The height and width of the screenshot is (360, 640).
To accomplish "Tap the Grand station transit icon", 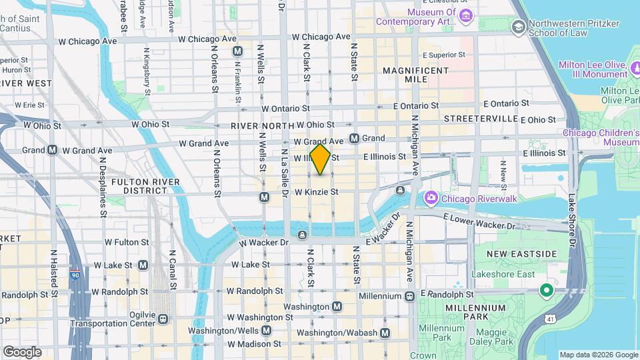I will pyautogui.click(x=354, y=139).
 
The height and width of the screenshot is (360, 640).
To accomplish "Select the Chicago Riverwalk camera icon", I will pyautogui.click(x=431, y=197).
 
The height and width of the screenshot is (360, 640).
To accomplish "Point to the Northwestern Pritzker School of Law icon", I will pyautogui.click(x=518, y=26).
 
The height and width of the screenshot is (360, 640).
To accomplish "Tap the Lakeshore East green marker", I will pyautogui.click(x=546, y=290).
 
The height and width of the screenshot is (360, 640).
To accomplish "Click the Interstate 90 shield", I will pyautogui.click(x=74, y=274).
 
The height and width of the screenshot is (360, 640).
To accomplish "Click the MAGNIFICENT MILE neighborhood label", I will pyautogui.click(x=416, y=75).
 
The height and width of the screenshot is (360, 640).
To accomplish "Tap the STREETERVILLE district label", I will pyautogui.click(x=481, y=119).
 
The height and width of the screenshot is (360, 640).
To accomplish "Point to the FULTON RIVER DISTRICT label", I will pyautogui.click(x=145, y=186).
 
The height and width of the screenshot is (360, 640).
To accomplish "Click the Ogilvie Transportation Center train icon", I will pyautogui.click(x=163, y=319).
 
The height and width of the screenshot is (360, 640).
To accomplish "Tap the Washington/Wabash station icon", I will pyautogui.click(x=385, y=333).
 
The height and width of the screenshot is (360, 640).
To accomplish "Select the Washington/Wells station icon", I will pyautogui.click(x=267, y=331).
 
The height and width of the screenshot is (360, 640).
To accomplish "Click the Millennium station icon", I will pyautogui.click(x=409, y=295).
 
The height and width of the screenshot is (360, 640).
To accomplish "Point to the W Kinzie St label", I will pyautogui.click(x=317, y=192).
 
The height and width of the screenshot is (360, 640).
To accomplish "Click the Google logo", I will pyautogui.click(x=22, y=352).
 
